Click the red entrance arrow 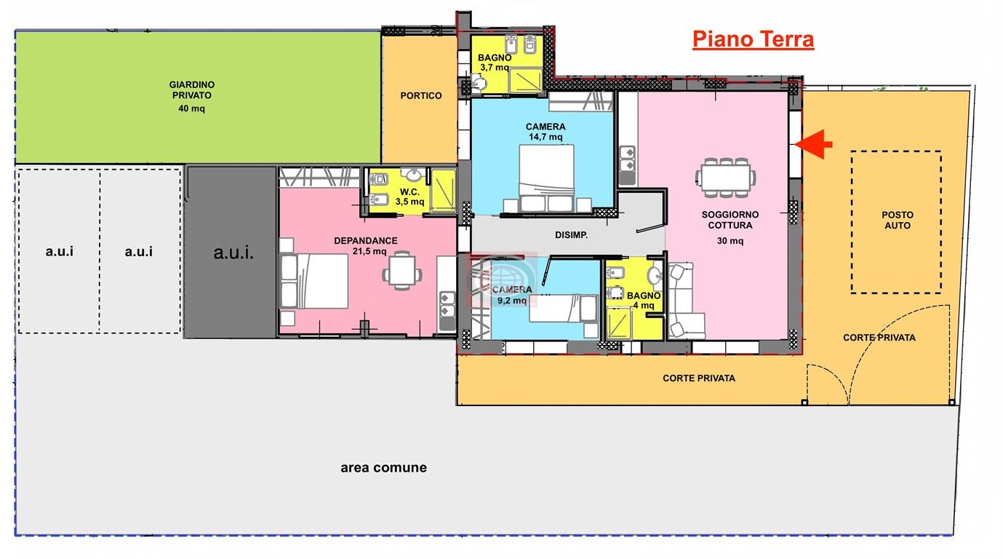click(815, 144)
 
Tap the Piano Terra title click(753, 39)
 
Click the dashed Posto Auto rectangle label click(896, 220)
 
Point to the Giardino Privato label click(192, 90)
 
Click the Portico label click(420, 95)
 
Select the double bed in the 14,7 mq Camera click(546, 175)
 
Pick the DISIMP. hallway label click(571, 234)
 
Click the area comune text click(383, 467)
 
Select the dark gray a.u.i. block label click(233, 253)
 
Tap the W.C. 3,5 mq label click(409, 197)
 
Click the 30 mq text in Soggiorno click(730, 241)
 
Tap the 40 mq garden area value click(192, 109)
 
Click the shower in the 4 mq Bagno click(620, 323)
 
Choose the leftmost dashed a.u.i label click(59, 252)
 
